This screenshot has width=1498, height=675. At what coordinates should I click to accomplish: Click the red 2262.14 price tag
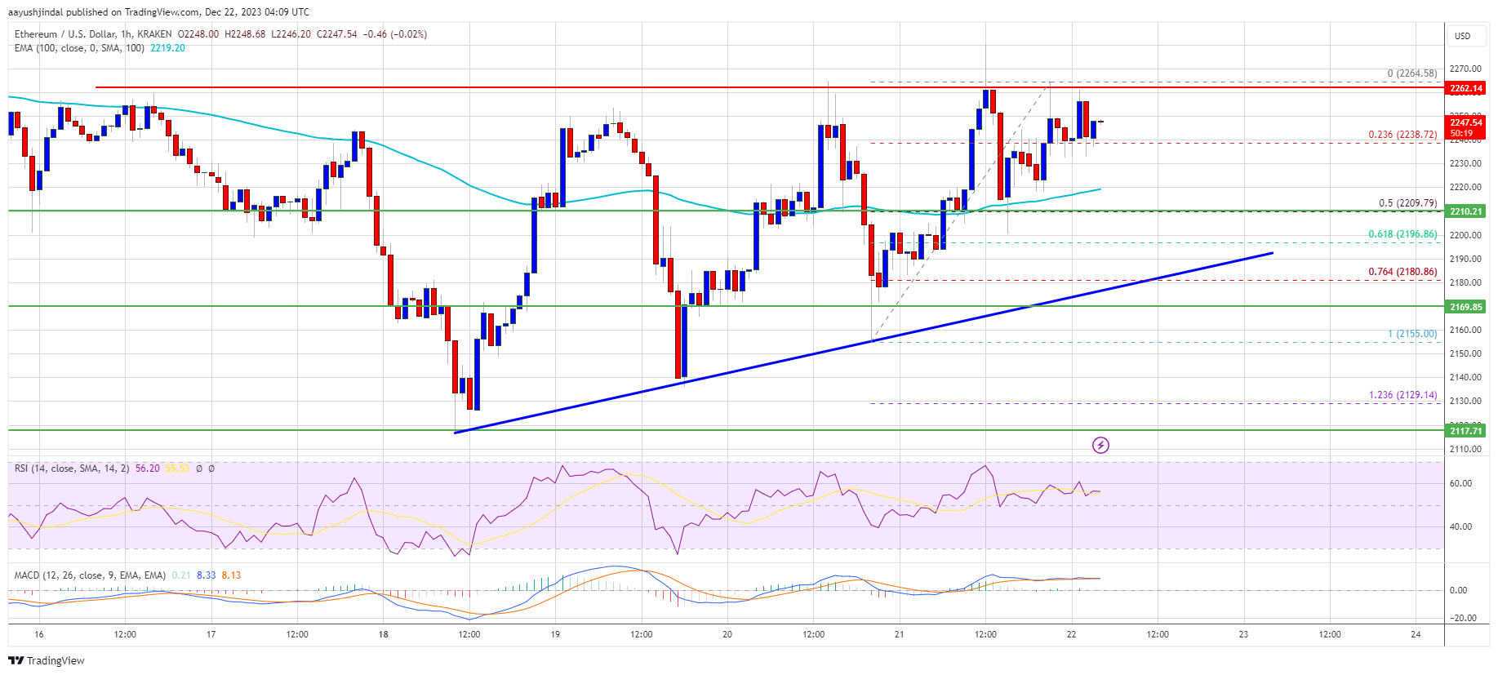[1466, 88]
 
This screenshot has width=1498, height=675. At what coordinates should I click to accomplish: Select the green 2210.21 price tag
[1466, 211]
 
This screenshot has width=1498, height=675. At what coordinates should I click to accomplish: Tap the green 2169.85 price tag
[1466, 307]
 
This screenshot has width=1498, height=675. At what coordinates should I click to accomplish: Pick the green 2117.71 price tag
[1466, 431]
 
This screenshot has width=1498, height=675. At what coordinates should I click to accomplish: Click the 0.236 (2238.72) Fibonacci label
[1402, 135]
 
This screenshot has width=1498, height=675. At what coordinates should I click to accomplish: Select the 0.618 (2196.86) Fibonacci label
[1402, 234]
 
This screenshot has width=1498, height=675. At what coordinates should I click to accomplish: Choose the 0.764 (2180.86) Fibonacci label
[1402, 272]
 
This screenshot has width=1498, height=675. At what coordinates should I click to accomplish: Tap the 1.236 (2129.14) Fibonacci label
[1402, 395]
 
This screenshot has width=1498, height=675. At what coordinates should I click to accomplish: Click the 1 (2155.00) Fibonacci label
[1412, 334]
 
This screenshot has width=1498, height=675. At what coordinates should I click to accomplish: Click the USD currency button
[1462, 36]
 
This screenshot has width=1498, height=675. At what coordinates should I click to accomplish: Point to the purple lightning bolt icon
[1100, 445]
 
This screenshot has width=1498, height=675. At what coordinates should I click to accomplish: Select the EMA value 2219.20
[167, 48]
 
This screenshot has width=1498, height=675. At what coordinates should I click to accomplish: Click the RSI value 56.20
[148, 469]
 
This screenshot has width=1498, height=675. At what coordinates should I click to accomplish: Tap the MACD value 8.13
[231, 575]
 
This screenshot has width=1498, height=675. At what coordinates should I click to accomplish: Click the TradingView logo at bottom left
[47, 660]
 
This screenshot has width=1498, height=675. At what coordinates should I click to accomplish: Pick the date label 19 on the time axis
[555, 634]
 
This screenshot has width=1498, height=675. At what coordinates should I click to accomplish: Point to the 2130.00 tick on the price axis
[1465, 402]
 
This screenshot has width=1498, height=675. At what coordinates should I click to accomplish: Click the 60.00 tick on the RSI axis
[1460, 483]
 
